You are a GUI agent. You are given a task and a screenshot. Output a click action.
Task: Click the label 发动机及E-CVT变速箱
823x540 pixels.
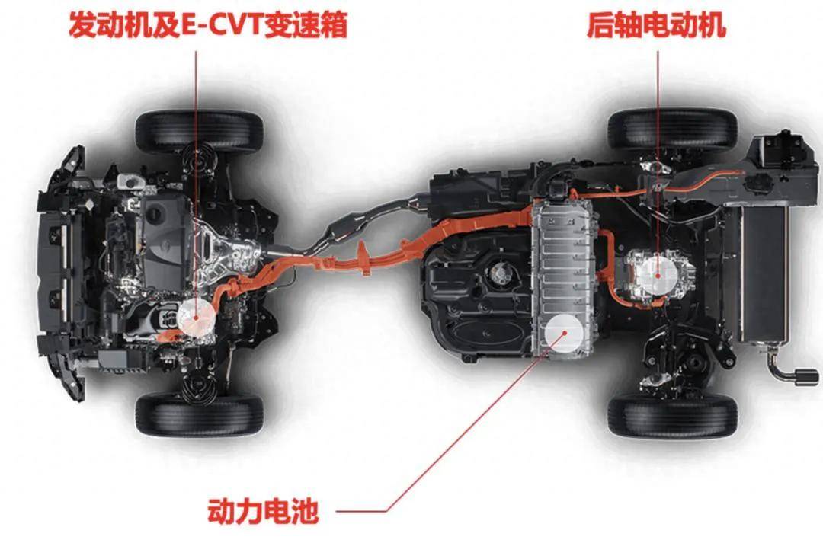coord(208,24)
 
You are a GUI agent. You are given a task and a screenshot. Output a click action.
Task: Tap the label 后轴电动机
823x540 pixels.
coord(656,24)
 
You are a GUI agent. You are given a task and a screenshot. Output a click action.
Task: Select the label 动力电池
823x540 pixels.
coord(263,511)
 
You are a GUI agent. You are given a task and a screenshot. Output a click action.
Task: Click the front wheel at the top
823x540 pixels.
coord(199,131)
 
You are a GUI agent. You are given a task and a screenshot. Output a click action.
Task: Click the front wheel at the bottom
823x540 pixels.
coord(199,416)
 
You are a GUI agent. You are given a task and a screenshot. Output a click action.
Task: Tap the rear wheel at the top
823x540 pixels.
coord(673,129)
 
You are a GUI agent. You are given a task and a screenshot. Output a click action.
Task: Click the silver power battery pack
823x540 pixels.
coord(562,278)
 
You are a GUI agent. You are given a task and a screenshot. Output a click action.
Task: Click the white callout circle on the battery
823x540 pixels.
coord(564,332)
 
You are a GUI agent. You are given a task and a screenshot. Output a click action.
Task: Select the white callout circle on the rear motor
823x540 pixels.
coord(658,274)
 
